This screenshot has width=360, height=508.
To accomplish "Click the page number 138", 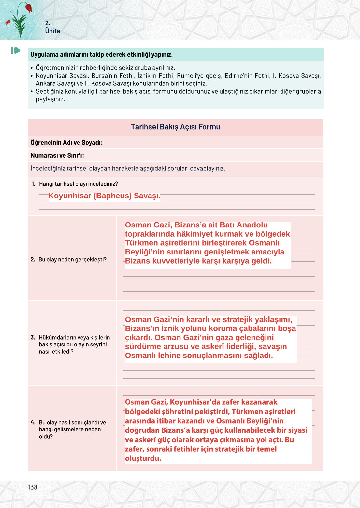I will coord(33,487).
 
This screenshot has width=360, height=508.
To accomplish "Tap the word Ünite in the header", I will coord(52,31).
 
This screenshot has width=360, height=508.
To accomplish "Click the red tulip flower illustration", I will coord(29,8).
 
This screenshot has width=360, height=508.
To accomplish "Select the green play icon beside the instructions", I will coord(16,51).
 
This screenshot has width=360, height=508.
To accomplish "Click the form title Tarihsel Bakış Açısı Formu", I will coord(175,127).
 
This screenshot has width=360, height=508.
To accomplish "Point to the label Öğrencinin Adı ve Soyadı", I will coord(66,143).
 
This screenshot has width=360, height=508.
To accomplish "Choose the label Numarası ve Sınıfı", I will coord(57,156).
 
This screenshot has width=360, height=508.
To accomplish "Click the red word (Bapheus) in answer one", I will coord(112,196).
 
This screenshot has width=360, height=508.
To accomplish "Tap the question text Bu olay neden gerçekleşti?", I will coord(72,260).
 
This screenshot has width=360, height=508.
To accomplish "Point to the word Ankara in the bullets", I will coord(45,84).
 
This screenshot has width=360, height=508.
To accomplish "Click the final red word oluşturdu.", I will coord(143,458).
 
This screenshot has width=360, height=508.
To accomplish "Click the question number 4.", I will coord(33,423).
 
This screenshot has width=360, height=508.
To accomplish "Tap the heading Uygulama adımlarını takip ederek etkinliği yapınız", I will coord(102,55).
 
